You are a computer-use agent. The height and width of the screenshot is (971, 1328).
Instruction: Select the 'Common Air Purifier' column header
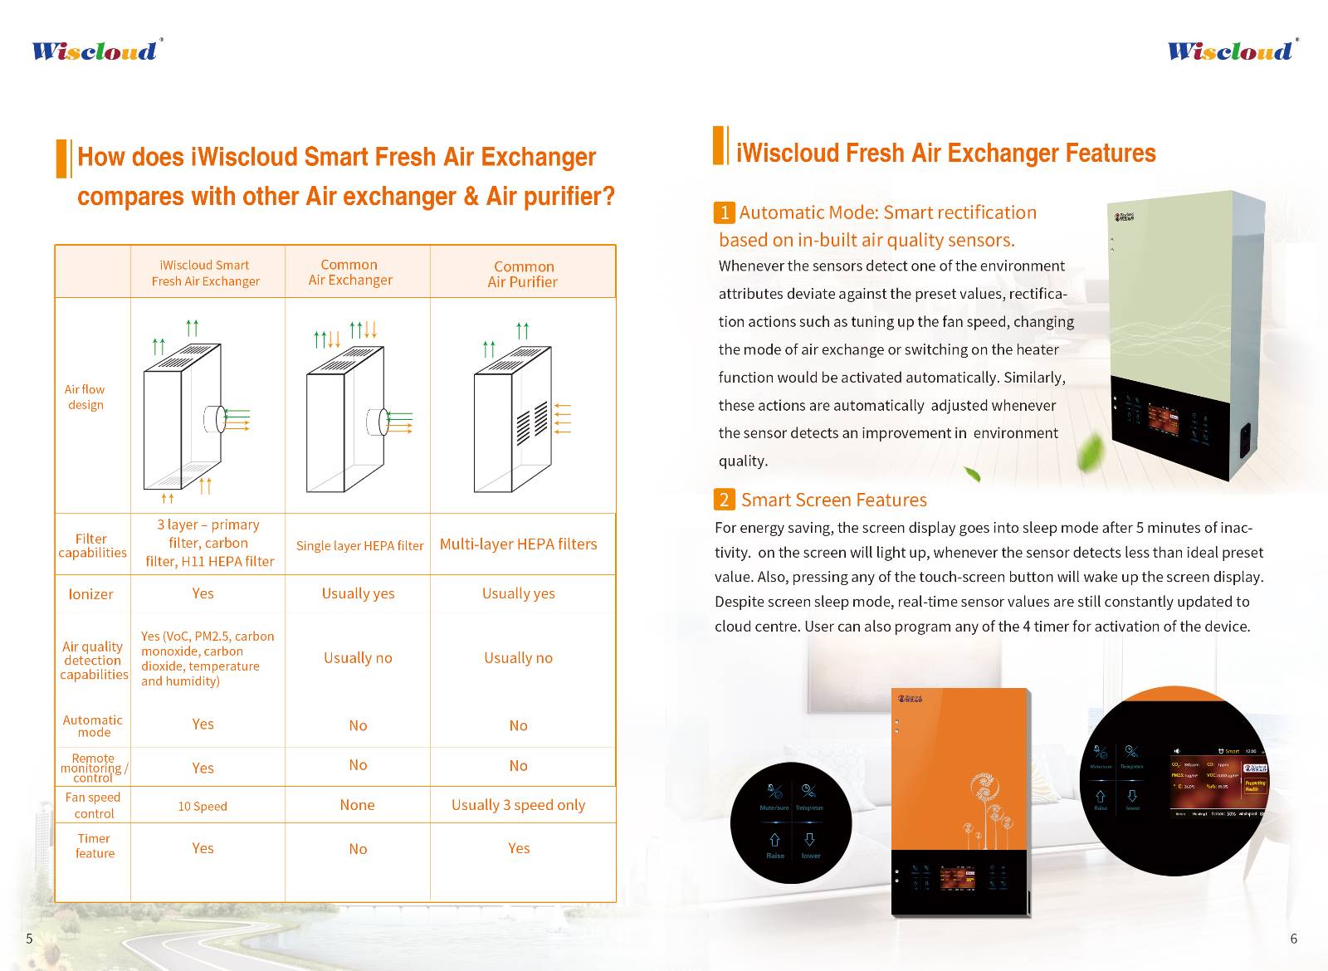[x=523, y=274]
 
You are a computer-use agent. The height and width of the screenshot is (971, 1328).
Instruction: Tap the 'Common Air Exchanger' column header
[x=349, y=272]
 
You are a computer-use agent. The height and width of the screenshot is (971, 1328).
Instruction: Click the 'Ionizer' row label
[x=90, y=594]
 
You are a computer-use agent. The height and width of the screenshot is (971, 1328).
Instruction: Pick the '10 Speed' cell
[x=203, y=806]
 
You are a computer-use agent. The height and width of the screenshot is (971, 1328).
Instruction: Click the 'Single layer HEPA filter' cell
[x=359, y=545]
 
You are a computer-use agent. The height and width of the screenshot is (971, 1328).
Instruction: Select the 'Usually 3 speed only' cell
[x=518, y=805]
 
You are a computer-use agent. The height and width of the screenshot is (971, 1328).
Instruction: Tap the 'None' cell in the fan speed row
[x=357, y=805]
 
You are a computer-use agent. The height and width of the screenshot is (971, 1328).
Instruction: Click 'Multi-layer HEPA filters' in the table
[x=518, y=544]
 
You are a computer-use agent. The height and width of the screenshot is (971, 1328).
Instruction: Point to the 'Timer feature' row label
[x=95, y=846]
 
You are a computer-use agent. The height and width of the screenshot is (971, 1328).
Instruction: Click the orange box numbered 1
[x=724, y=212]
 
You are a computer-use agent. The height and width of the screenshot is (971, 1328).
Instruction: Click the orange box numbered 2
[x=724, y=500]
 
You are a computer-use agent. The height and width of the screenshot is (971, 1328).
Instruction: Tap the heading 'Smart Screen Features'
[x=833, y=500]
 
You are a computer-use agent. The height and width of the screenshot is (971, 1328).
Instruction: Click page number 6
[x=1293, y=939]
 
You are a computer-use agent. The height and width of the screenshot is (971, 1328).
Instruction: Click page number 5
[x=29, y=939]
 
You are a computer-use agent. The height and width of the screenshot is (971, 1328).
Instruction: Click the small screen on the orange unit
[x=957, y=878]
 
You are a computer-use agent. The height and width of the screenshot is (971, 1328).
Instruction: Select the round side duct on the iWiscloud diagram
[x=214, y=420]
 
